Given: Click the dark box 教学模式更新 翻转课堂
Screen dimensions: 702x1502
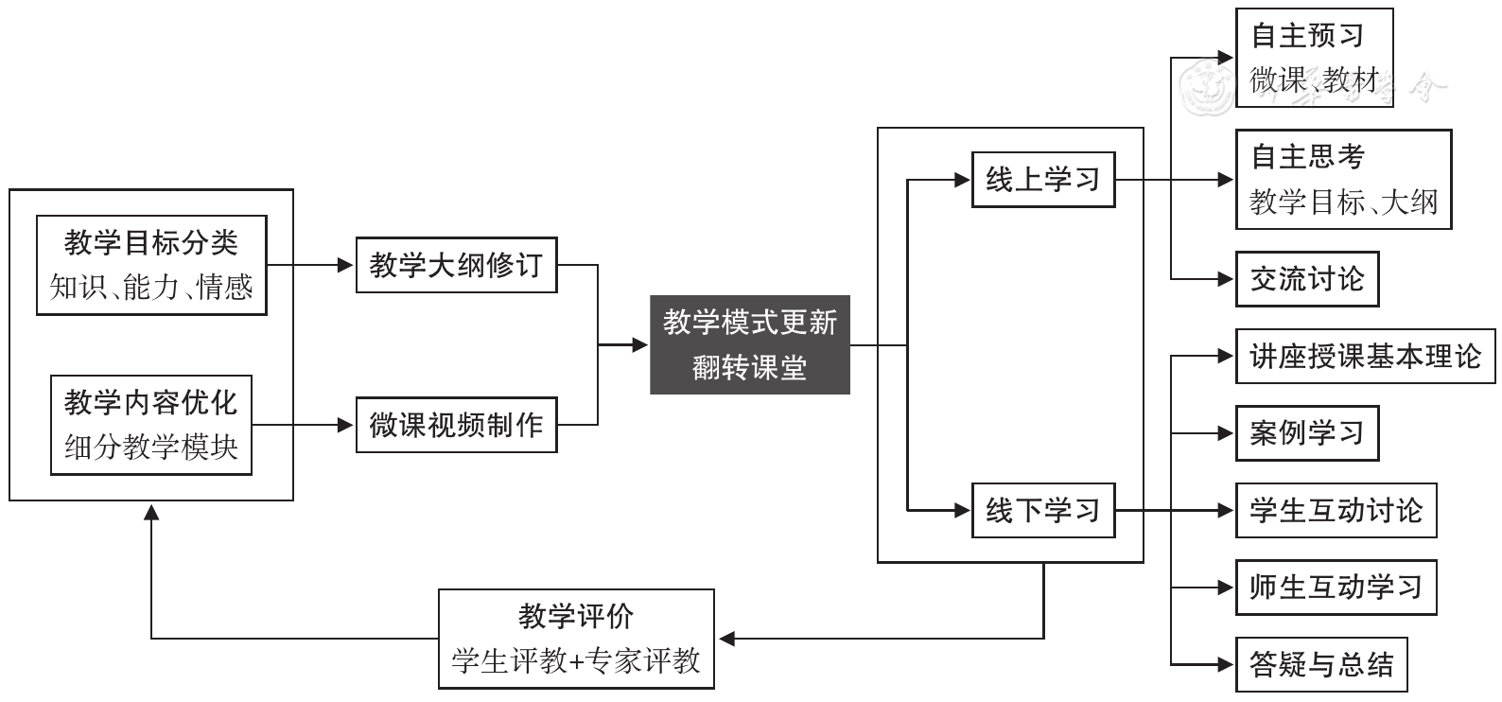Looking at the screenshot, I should click(749, 344).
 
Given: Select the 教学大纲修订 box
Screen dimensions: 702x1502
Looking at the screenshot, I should click(456, 265).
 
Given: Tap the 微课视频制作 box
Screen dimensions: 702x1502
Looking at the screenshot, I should click(456, 425).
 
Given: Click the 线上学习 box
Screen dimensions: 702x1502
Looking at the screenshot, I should click(1042, 179).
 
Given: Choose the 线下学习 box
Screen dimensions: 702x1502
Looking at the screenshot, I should click(1042, 511).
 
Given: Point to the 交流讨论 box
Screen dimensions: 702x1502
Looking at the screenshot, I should click(1306, 279).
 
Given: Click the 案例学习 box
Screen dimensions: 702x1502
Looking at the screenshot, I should click(1306, 433).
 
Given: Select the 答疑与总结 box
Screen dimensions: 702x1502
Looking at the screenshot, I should click(1320, 664).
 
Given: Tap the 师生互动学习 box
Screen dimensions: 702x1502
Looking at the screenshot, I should click(1335, 588).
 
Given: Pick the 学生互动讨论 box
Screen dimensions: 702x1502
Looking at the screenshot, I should click(1335, 511).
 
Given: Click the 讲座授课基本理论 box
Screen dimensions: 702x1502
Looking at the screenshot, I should click(1365, 357).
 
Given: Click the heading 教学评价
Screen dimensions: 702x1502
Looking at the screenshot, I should click(576, 617).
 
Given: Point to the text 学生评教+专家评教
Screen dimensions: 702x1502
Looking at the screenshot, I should click(576, 660).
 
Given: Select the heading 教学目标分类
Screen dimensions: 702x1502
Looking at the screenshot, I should click(151, 243).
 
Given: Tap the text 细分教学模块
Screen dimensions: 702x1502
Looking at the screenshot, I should click(151, 447).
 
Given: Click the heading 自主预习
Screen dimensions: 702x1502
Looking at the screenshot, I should click(1307, 36).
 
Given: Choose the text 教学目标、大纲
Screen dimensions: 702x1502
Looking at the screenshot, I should click(1343, 202).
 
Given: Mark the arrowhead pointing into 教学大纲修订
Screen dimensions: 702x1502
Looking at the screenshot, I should click(346, 265).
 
